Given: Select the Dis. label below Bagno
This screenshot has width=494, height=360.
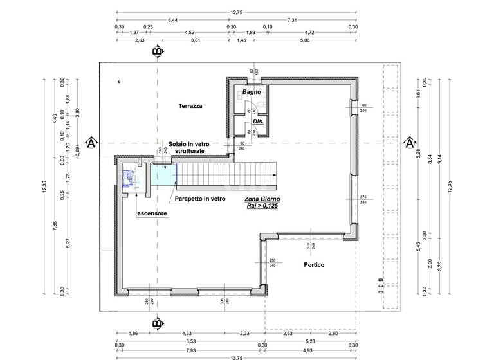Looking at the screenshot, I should pos(258,122).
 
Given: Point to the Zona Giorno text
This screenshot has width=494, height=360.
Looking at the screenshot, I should pos(262,201).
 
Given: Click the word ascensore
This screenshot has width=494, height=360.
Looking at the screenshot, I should pos(152,213).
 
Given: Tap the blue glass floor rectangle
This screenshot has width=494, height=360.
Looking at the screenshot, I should pos(163,174).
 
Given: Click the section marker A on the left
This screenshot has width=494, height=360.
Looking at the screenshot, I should pos(91,143).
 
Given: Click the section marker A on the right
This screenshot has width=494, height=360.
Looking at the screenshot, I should pos(408,143).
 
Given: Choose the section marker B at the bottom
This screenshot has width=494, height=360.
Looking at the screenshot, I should pos(156,324).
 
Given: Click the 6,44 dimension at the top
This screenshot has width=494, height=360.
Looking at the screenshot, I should pos(173,20).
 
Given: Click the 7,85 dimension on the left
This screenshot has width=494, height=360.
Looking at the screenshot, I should pos(54,224).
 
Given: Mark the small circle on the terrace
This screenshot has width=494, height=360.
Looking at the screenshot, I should pos(119,82).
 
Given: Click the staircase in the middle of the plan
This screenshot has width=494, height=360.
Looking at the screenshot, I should pos(228,172).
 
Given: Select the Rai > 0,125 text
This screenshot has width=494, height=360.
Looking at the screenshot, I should pos(262,208).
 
